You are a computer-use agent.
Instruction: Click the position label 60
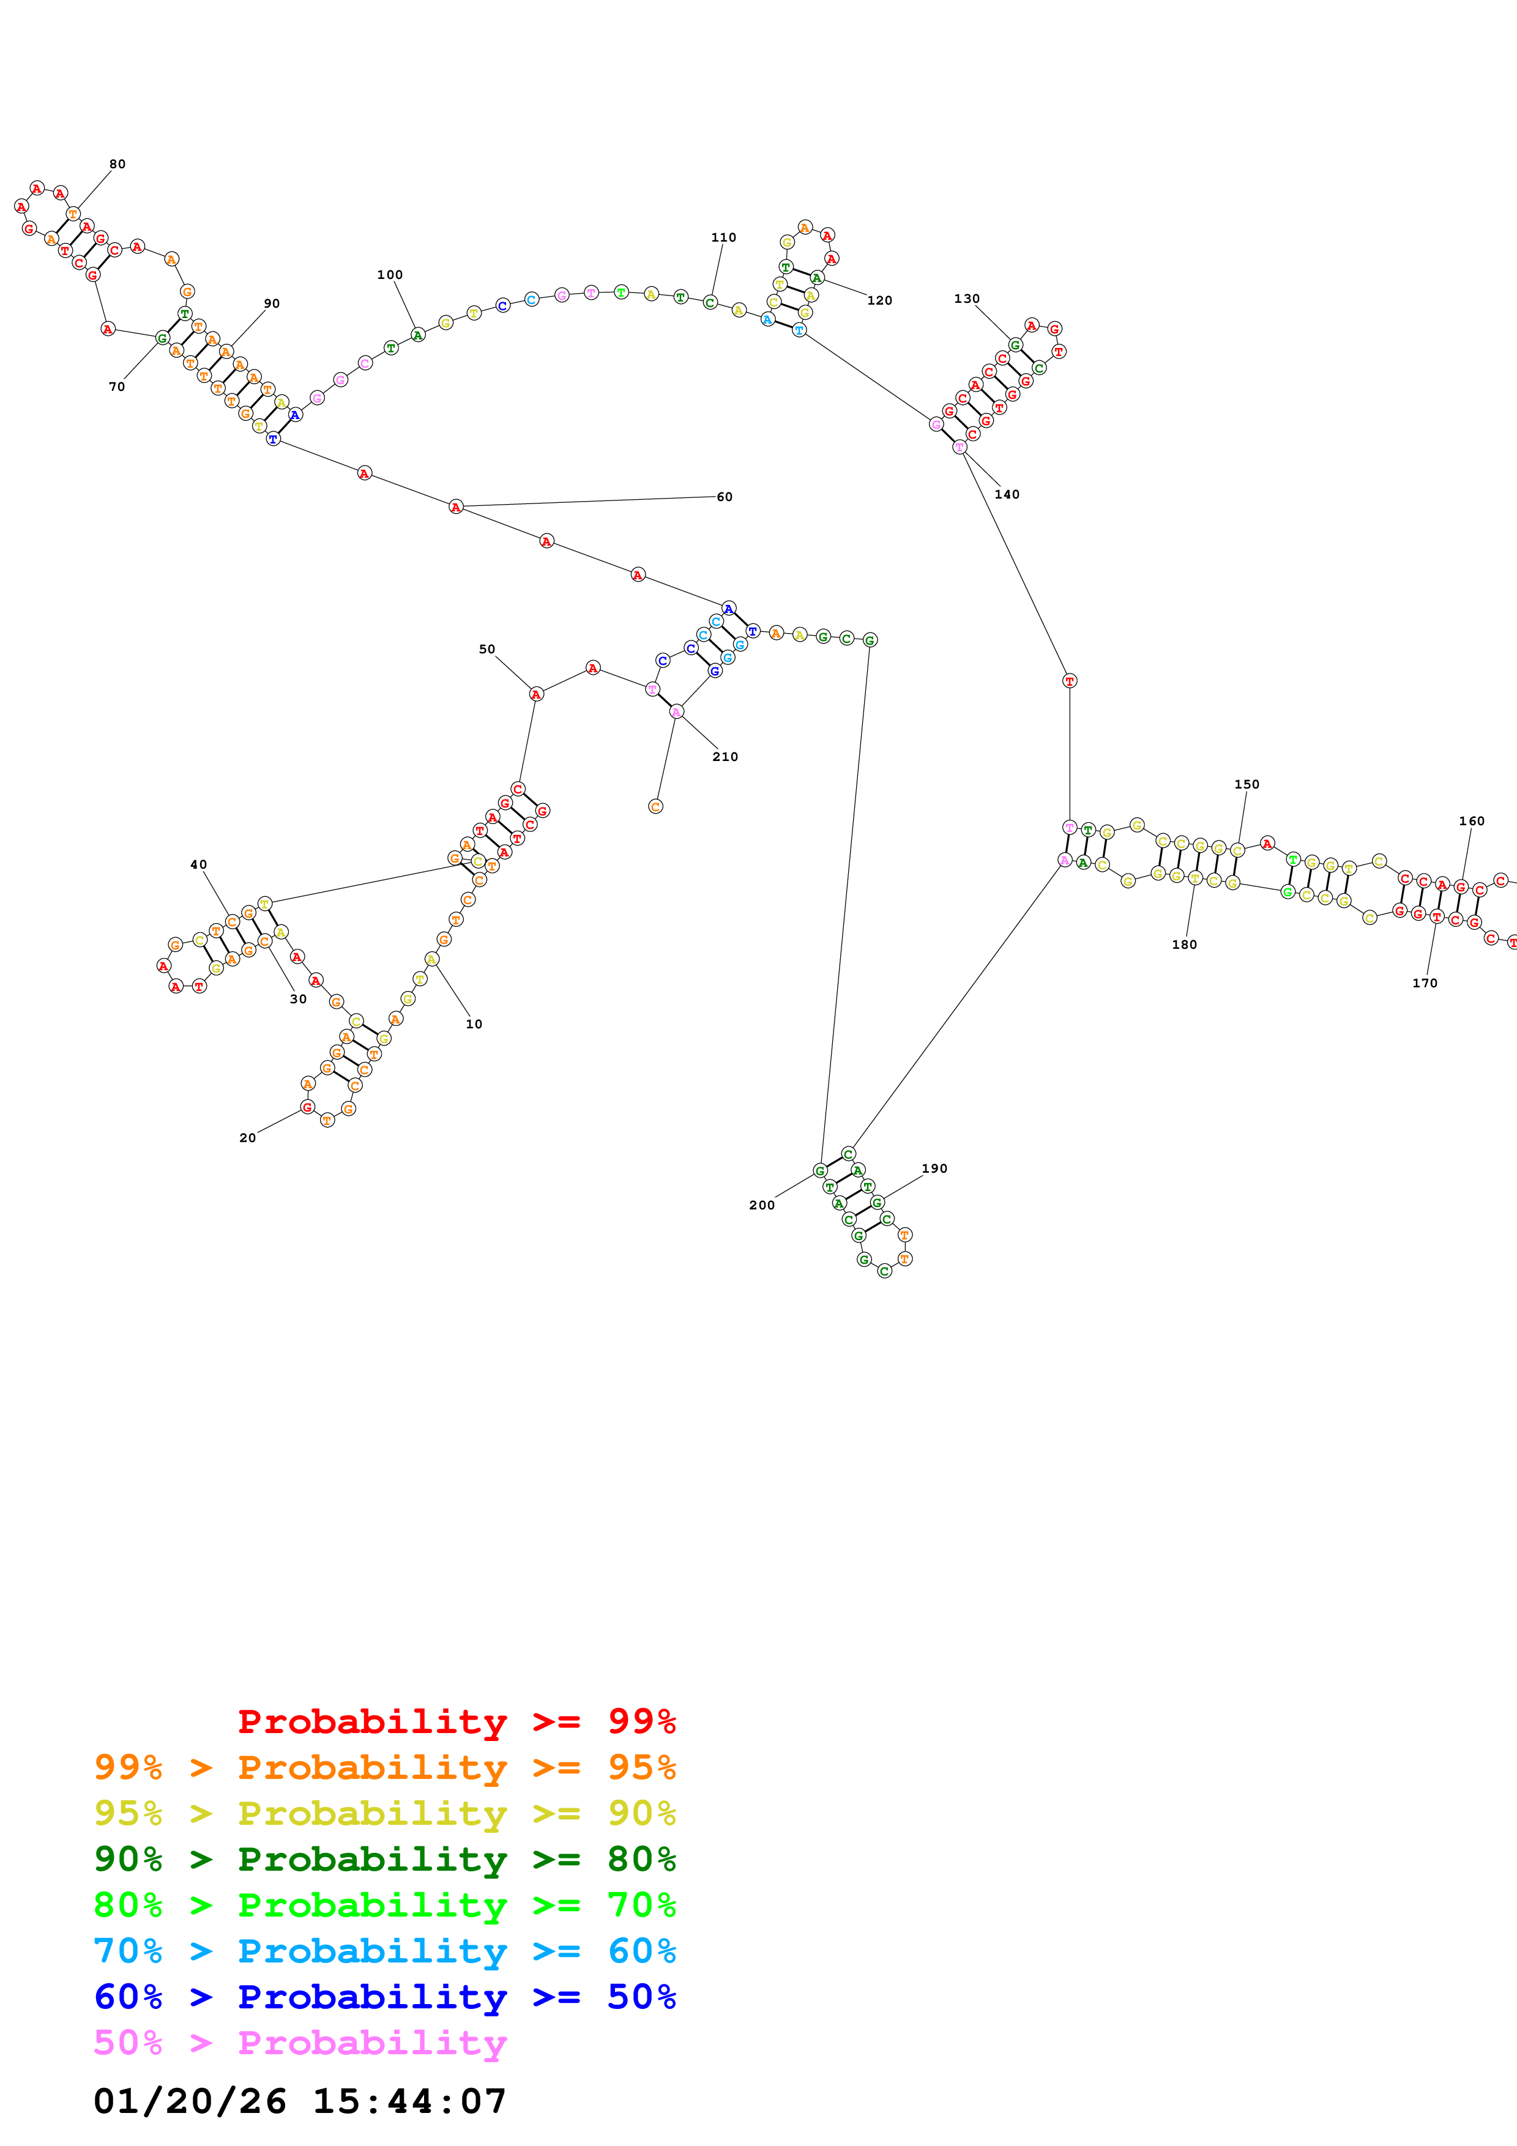point(725,496)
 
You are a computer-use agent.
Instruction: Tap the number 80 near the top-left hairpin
point(117,163)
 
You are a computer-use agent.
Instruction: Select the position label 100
point(390,275)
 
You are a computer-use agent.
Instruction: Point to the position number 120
point(879,300)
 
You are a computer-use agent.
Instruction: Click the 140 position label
point(1007,494)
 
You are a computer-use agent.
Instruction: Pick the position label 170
point(1425,983)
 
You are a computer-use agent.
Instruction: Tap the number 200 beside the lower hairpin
point(762,1205)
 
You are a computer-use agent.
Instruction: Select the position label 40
point(199,864)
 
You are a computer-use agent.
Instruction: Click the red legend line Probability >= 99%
point(456,1721)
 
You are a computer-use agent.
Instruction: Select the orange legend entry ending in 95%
point(385,1767)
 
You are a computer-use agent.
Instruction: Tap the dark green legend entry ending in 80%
point(385,1859)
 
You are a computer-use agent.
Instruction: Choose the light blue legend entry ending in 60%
point(385,1951)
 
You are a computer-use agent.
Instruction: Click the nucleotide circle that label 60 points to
point(456,507)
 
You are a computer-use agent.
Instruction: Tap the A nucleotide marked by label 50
point(535,694)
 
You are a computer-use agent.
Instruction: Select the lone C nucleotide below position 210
point(655,806)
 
